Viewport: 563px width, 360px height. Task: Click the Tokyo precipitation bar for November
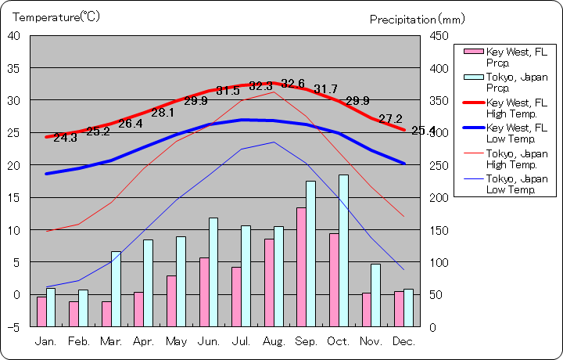click(376, 295)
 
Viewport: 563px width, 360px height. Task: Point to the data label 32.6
click(293, 84)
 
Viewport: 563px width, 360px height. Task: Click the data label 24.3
click(65, 138)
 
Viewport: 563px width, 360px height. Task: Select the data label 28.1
click(163, 112)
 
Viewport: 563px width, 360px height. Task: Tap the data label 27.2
click(390, 119)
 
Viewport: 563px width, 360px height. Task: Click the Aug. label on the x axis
click(274, 342)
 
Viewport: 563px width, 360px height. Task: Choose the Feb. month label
click(78, 342)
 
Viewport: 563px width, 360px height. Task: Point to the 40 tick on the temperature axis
click(15, 35)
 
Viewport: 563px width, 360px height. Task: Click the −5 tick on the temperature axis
click(15, 327)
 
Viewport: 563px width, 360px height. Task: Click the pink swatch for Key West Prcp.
click(473, 52)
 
